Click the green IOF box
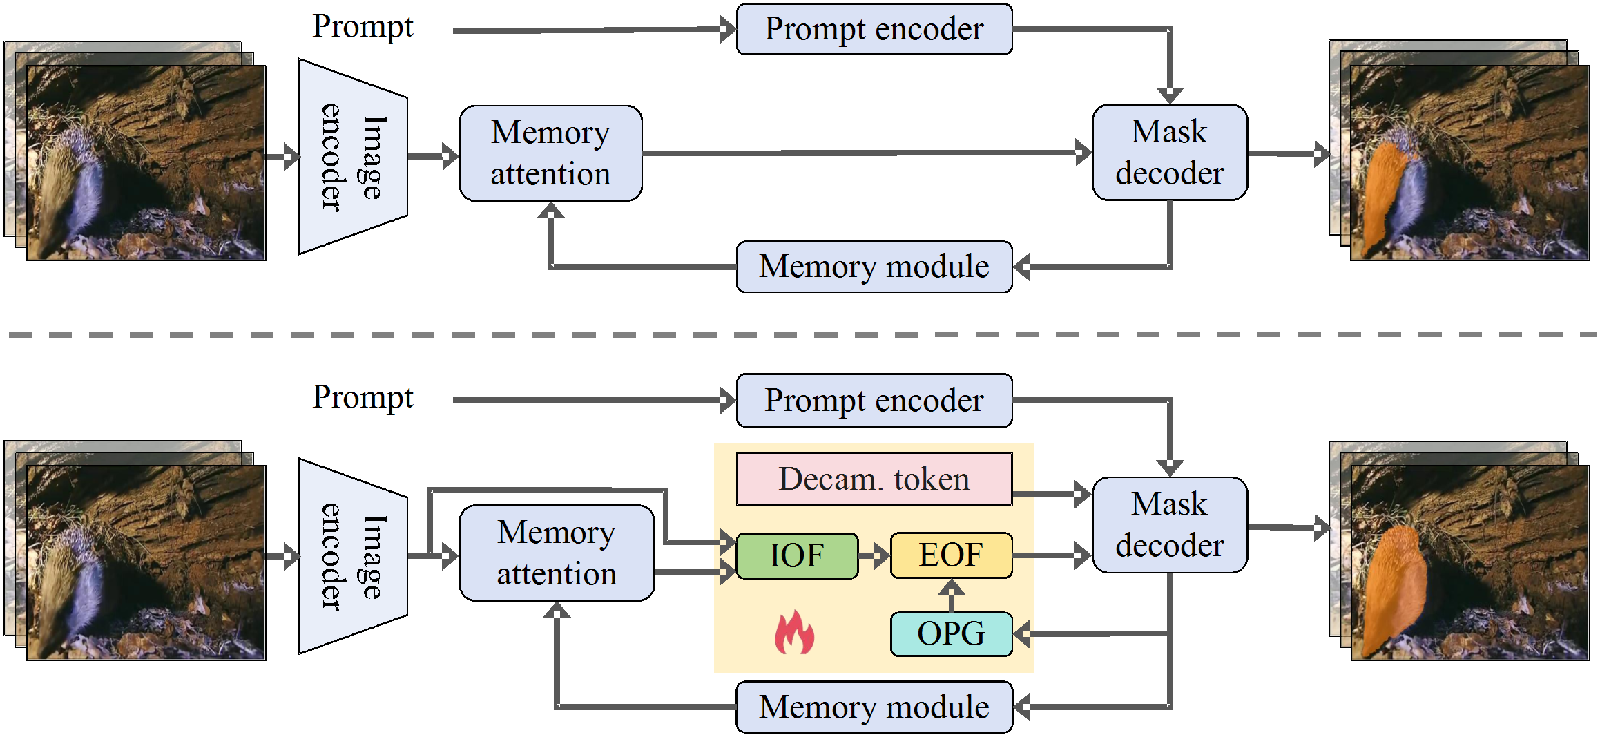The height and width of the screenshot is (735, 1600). (797, 555)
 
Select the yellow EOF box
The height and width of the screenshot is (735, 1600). (951, 555)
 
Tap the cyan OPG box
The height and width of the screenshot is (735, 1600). (951, 633)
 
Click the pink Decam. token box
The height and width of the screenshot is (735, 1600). (874, 479)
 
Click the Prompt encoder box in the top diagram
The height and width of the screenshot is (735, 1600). (874, 29)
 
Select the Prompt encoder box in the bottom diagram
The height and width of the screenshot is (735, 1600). (874, 401)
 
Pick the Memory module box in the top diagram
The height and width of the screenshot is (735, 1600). (874, 267)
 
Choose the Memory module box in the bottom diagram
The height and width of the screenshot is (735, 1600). (874, 707)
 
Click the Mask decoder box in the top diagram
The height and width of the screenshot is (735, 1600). (1169, 153)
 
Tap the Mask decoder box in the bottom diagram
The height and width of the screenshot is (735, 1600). (1169, 525)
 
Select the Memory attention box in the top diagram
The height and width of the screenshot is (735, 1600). (550, 153)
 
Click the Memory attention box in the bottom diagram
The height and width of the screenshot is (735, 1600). (557, 553)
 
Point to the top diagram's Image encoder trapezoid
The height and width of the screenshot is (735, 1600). (352, 157)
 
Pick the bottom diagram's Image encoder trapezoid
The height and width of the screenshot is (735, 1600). (352, 556)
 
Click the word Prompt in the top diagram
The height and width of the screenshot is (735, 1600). (363, 27)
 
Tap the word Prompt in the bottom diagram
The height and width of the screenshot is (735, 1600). (363, 398)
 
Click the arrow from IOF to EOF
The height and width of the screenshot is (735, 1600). (874, 555)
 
